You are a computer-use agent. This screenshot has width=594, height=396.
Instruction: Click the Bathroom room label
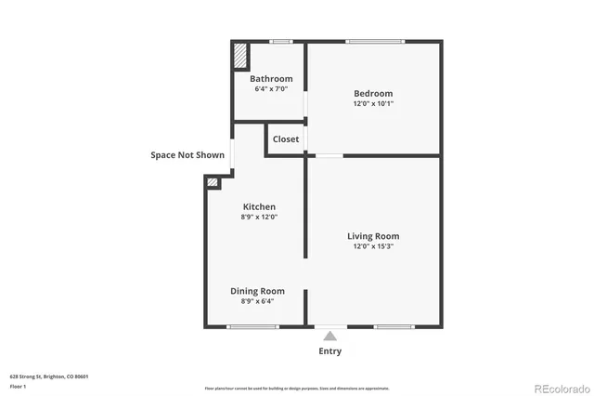coord(271,79)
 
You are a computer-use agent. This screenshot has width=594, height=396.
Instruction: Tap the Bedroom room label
coord(373,93)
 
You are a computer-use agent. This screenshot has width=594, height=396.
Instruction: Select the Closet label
coord(286,139)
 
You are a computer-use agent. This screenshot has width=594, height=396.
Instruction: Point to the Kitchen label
coord(259,206)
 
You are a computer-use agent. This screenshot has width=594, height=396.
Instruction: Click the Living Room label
coord(373,236)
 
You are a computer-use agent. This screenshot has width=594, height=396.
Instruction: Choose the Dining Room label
coord(257,291)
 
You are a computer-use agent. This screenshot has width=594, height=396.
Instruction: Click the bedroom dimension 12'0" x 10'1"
coord(373,104)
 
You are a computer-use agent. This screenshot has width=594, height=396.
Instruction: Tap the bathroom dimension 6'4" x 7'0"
coord(271,89)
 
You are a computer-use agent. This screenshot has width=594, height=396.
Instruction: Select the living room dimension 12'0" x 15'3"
coord(373,246)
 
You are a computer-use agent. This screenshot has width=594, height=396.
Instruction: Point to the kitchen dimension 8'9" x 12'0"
coord(259,217)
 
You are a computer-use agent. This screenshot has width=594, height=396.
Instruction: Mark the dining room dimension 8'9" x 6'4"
coord(257,301)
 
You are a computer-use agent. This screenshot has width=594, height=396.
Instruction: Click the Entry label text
coord(329,351)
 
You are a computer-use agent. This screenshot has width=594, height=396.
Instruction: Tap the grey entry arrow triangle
coord(329,336)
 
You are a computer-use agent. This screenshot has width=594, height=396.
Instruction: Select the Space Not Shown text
coord(187,155)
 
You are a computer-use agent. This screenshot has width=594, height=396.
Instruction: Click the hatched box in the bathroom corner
coord(240,55)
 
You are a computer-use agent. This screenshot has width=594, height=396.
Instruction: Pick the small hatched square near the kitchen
coord(213,183)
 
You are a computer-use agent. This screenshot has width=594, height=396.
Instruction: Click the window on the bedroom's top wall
coord(376,41)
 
